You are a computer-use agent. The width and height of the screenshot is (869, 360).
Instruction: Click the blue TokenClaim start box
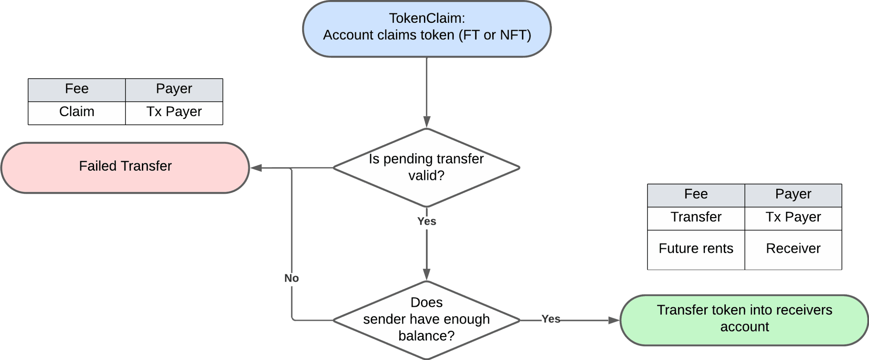(427, 29)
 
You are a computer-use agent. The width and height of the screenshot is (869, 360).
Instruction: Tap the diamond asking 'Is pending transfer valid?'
(426, 168)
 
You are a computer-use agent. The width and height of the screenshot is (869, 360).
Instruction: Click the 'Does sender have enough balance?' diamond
(426, 320)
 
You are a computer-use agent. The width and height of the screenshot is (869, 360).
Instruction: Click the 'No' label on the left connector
(291, 278)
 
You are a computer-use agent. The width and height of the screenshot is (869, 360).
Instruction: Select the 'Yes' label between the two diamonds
(426, 221)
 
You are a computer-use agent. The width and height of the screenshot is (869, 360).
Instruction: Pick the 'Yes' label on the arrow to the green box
(551, 319)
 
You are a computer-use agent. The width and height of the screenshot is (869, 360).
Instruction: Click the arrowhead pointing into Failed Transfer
(256, 168)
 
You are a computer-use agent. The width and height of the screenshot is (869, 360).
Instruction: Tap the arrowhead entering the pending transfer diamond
(427, 122)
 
